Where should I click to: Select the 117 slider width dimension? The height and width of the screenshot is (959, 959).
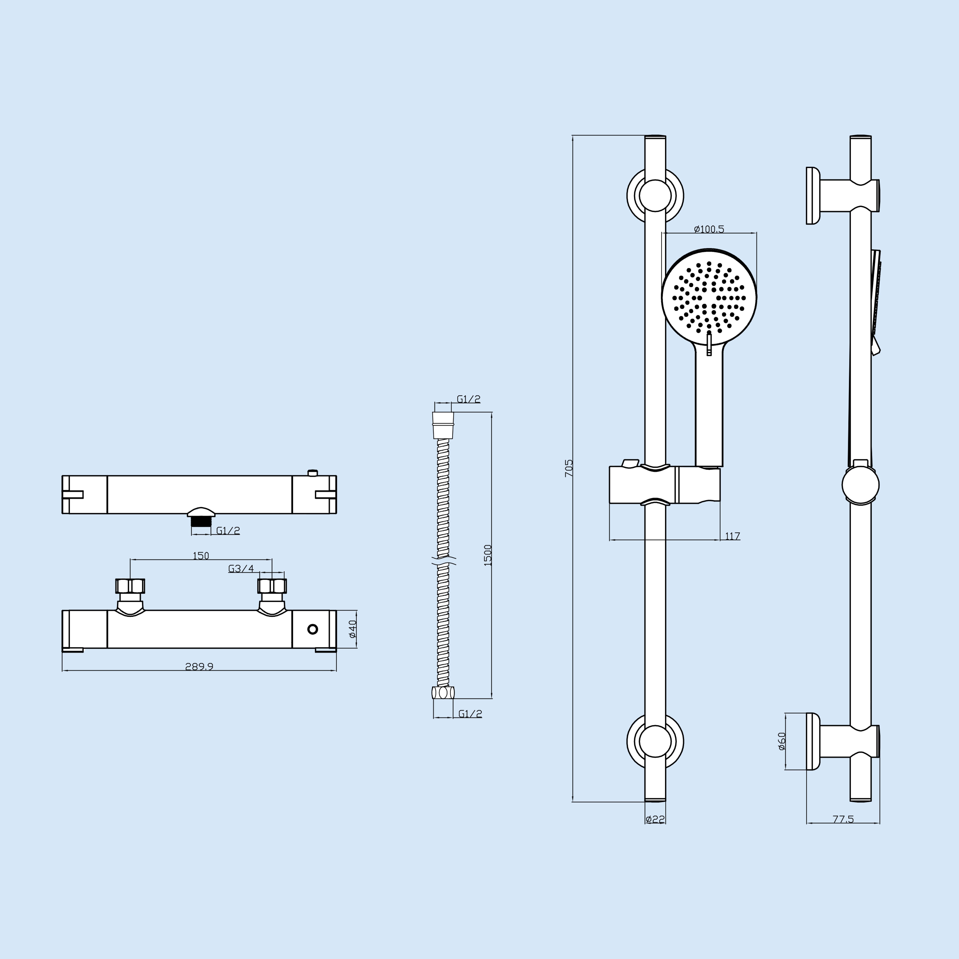(x=732, y=536)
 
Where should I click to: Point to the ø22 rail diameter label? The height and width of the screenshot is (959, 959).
(x=655, y=819)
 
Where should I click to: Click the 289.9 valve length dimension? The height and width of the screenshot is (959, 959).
(x=199, y=667)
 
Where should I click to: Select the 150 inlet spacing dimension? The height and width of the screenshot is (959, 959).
(x=201, y=555)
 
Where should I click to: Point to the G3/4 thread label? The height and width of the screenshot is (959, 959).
(x=241, y=568)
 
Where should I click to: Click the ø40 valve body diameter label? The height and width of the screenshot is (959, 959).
(x=353, y=629)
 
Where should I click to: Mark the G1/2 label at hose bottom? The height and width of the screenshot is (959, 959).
(x=470, y=714)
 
